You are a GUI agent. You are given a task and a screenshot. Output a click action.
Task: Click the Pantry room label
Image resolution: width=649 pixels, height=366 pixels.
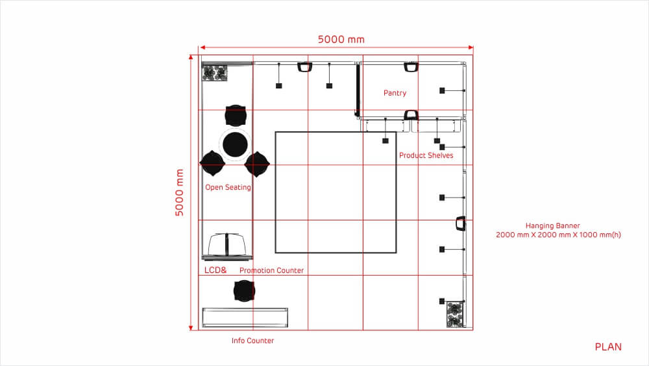(x=395, y=93)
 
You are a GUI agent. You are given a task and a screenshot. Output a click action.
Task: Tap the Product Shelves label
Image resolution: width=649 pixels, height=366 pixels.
(x=426, y=155)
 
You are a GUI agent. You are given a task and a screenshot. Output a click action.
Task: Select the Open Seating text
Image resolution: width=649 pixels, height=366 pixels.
(x=228, y=187)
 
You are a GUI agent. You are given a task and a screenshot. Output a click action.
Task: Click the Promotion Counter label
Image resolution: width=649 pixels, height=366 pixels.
(x=271, y=270)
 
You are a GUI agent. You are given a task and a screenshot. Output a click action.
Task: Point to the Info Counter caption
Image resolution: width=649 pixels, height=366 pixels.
(x=252, y=341)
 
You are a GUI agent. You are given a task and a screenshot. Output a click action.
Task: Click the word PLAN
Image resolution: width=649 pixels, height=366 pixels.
(x=608, y=347)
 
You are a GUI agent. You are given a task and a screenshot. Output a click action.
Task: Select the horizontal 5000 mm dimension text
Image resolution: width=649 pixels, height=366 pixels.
(x=341, y=40)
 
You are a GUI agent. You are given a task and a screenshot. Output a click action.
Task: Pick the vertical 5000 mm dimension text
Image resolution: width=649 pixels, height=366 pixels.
(x=179, y=192)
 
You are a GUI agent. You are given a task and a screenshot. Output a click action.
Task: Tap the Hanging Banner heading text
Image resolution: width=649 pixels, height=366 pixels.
(x=552, y=226)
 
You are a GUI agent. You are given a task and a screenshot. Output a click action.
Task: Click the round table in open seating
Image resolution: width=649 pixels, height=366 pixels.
(x=235, y=145)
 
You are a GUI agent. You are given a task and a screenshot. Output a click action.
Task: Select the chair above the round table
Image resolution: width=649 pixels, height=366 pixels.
(x=236, y=115)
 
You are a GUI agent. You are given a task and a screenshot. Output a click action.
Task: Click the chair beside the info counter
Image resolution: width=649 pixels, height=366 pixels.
(x=244, y=291)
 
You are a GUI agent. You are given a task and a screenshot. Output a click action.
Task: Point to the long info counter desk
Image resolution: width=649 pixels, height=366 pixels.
(x=245, y=317)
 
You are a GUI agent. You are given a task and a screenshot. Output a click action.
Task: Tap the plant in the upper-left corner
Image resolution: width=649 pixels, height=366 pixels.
(x=214, y=73)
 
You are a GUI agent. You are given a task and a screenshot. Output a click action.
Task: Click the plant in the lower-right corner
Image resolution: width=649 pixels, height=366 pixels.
(x=454, y=315)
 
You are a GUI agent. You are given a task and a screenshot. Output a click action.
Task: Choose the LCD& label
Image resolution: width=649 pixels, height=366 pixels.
(x=215, y=270)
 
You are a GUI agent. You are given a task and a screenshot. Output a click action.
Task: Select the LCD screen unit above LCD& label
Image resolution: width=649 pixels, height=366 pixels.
(x=227, y=245)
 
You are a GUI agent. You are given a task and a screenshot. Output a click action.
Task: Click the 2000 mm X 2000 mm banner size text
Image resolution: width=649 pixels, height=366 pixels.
(x=558, y=235)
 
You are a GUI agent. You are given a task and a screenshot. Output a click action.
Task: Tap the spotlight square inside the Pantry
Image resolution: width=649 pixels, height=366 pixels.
(x=442, y=90)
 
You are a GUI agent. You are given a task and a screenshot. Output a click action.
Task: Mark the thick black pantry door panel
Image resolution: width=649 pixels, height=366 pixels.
(x=357, y=89)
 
